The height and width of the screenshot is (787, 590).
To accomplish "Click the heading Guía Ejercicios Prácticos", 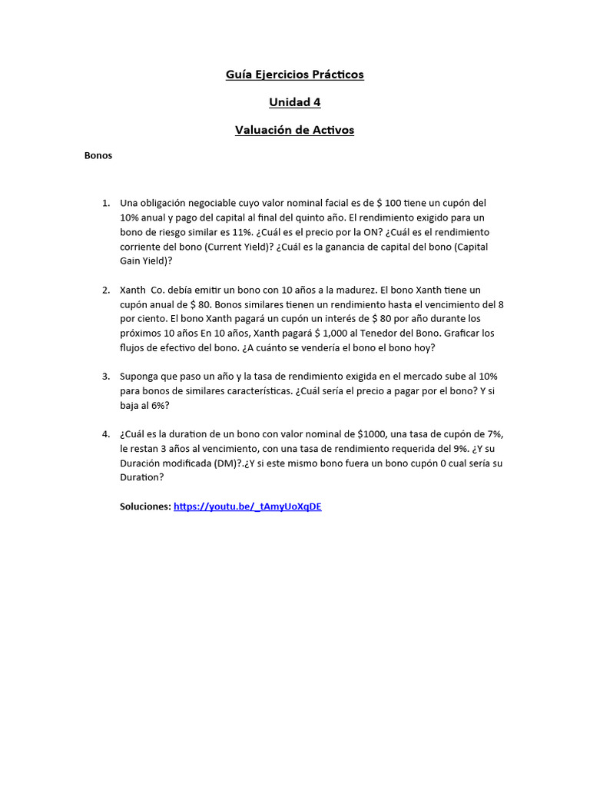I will pos(294,75).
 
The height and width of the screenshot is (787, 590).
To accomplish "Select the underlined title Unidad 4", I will pos(294,102).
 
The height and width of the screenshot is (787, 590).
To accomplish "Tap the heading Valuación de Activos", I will pos(294,130).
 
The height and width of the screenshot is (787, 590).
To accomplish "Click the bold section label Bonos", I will pos(98,155).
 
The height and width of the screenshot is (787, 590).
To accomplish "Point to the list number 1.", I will pos(106,203).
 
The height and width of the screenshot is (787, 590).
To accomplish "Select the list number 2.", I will pos(106,290).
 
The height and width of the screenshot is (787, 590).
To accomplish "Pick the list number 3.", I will pos(106,377).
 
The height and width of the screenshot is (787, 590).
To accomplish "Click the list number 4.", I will pos(106,434).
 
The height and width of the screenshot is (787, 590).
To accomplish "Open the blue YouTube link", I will pos(247,506).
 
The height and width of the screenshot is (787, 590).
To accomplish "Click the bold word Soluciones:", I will pos(145,506).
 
